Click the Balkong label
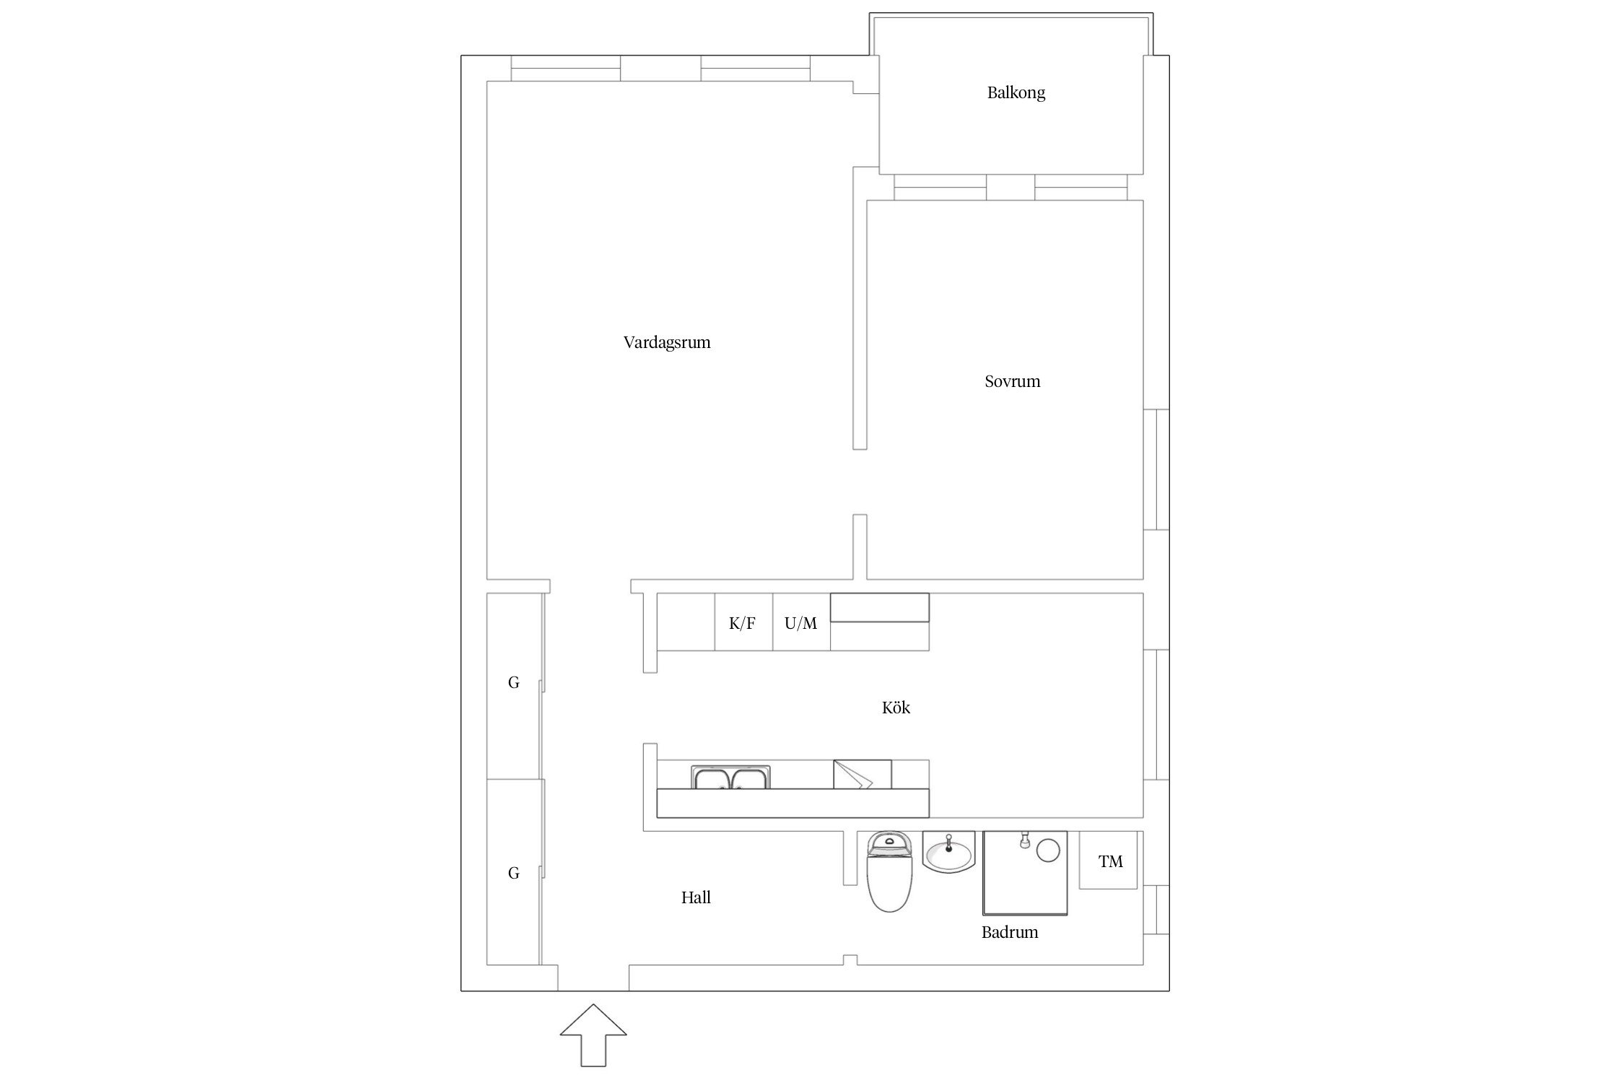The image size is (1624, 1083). (1016, 92)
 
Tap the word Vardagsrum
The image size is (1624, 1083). (667, 342)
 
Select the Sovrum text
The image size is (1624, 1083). (1012, 381)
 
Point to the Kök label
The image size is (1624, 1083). (896, 708)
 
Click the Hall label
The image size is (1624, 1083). (696, 897)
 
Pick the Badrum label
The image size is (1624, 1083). (1009, 932)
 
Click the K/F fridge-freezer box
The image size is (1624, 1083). (743, 622)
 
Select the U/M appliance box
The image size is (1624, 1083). (801, 622)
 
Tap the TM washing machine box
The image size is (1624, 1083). (1108, 860)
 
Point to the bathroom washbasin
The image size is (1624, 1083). (948, 852)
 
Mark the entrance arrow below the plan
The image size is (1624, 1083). (593, 1035)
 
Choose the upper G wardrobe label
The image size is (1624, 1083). (514, 682)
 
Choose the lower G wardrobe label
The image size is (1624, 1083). (514, 874)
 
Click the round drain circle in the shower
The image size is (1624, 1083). (1048, 850)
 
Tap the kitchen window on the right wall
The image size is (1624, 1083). (1156, 715)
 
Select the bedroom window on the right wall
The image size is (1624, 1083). (1156, 469)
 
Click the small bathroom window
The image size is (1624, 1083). (1156, 909)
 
